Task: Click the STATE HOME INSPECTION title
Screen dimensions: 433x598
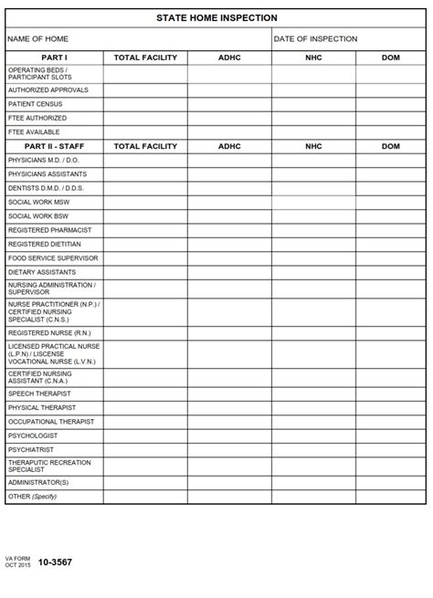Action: click(216, 18)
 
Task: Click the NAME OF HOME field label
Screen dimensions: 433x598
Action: click(37, 39)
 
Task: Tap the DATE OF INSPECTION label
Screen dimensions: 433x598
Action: click(315, 39)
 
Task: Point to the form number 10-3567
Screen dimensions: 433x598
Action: click(55, 562)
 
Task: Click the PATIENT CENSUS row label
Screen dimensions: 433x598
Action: click(35, 104)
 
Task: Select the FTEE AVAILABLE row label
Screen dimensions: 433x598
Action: click(34, 132)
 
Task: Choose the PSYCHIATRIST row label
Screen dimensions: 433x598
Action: click(31, 450)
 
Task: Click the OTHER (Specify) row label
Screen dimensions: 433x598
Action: click(32, 497)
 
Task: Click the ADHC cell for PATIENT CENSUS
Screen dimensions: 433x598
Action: click(229, 104)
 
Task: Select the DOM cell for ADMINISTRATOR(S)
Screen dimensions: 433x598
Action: click(390, 482)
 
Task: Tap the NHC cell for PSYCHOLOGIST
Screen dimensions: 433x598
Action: click(313, 435)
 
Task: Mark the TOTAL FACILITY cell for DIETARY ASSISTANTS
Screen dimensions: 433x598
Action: click(145, 272)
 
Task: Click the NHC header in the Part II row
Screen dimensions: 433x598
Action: click(313, 146)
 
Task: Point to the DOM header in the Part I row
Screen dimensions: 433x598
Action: click(390, 58)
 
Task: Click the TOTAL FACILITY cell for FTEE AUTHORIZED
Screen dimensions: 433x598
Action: click(145, 119)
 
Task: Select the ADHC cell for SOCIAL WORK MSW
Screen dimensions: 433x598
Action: click(229, 202)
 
